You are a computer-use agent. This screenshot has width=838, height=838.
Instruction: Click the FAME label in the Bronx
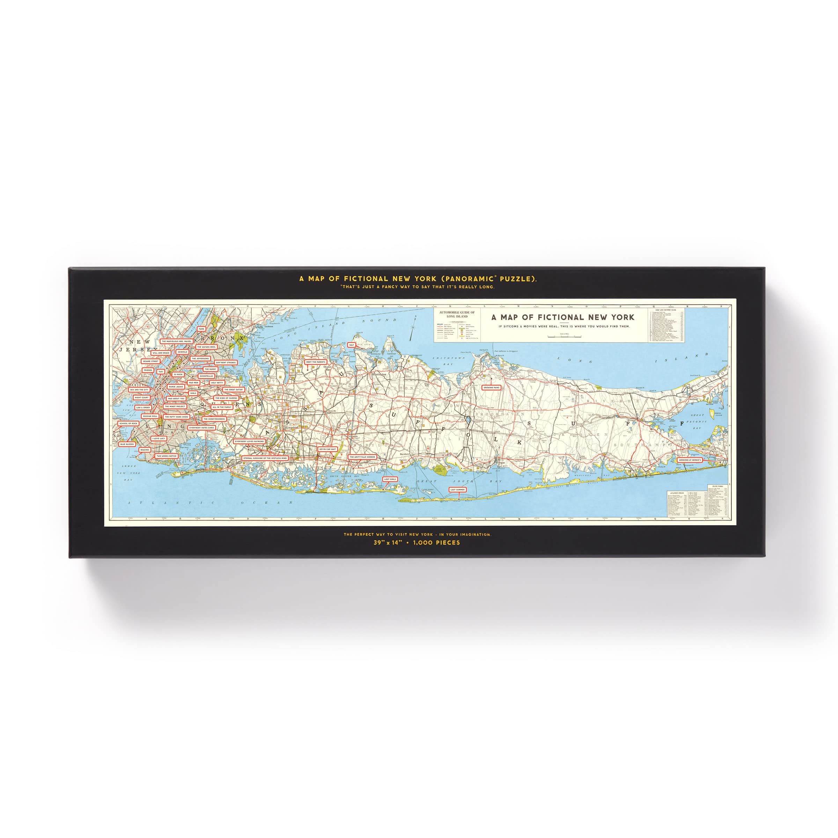(201, 329)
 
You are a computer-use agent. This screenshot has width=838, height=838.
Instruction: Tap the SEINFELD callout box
(182, 352)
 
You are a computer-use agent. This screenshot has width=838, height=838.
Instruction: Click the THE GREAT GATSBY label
(233, 390)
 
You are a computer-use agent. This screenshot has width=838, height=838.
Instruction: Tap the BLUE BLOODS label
(127, 444)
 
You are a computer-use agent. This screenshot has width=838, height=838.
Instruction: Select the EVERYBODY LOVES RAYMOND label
(249, 441)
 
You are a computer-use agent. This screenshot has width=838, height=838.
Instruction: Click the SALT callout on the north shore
(351, 345)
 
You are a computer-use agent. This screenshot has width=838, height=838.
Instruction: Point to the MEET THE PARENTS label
(315, 362)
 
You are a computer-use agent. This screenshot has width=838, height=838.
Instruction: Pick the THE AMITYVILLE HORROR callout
(362, 457)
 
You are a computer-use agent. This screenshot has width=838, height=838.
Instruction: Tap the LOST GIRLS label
(390, 479)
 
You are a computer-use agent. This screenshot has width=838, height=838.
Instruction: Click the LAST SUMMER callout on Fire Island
(457, 490)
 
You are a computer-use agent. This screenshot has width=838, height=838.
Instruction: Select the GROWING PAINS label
(491, 387)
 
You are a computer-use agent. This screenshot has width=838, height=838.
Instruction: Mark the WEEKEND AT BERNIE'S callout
(690, 460)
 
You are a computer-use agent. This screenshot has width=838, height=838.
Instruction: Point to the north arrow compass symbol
(414, 323)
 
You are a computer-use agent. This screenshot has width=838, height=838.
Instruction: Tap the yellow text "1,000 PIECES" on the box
(436, 543)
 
